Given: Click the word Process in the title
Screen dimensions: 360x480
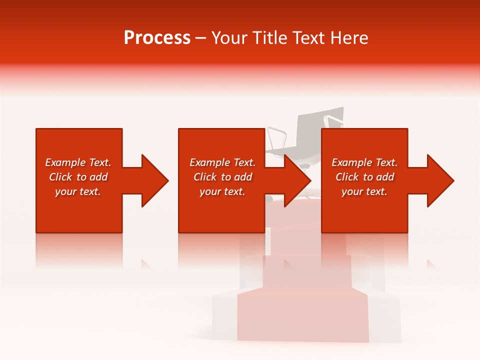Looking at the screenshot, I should pos(157,38).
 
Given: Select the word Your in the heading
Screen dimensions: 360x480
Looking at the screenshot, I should pos(230,38).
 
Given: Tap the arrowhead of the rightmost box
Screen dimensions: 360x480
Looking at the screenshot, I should pos(439,180).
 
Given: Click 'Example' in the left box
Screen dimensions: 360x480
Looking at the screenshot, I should pos(65,162).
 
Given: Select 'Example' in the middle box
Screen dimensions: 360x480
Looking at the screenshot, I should pos(209,162).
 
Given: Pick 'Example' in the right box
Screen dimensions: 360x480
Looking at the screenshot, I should pos(351,162).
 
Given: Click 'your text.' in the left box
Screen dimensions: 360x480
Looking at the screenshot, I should pos(78,192).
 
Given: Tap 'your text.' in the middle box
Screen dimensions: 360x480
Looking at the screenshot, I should pos(222,192).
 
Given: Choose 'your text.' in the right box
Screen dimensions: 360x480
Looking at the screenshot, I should pos(364,192).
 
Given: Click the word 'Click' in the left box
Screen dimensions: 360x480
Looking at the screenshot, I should pos(60,177).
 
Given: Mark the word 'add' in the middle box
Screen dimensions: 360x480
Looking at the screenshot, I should pos(243,177).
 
